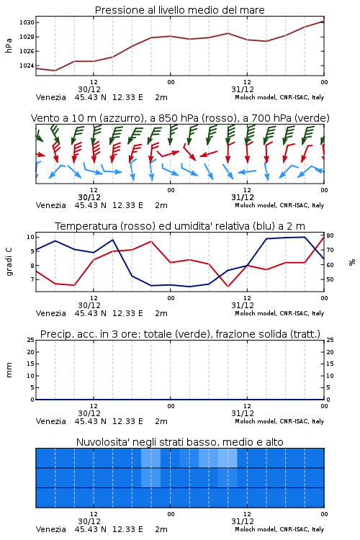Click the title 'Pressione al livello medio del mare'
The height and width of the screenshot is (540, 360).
[x=179, y=10]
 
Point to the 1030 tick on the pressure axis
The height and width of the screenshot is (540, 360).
[x=27, y=23]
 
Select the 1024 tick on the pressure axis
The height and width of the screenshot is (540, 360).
[x=27, y=66]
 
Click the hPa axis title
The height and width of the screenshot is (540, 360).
[x=9, y=45]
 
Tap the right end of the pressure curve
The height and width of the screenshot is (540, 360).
[x=324, y=22]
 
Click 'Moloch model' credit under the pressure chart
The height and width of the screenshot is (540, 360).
[x=255, y=97]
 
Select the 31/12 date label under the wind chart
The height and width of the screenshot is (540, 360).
[x=243, y=197]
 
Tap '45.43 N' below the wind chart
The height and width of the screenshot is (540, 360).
[x=90, y=205]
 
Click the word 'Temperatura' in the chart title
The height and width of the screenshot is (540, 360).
[x=86, y=226]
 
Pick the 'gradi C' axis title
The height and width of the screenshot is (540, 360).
[x=9, y=261]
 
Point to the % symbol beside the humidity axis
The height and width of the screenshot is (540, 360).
[x=352, y=262]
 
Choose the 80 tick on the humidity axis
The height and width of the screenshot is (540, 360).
[x=330, y=235]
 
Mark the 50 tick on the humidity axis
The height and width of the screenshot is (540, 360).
[x=330, y=279]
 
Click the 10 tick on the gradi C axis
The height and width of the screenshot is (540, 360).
[x=30, y=237]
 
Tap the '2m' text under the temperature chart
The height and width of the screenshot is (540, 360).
[x=161, y=313]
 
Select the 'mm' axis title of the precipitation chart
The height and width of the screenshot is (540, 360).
[x=9, y=370]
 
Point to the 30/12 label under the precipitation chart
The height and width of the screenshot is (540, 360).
[x=89, y=413]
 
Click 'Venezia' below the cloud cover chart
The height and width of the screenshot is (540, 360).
[x=50, y=529]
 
